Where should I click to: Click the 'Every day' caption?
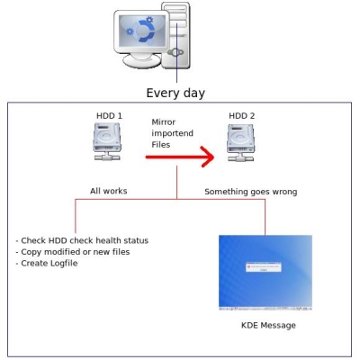tap(175, 93)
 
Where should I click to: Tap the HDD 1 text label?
tap(109, 116)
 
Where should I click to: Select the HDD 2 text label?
tap(242, 116)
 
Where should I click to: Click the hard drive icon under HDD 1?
tap(107, 141)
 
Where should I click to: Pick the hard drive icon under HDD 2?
tap(240, 143)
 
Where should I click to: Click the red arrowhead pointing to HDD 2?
tap(208, 157)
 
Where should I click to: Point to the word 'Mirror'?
tap(164, 122)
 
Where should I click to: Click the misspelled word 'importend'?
tap(172, 133)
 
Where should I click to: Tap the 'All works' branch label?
tap(109, 191)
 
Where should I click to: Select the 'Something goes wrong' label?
tap(251, 192)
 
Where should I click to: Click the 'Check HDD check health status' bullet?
tap(82, 240)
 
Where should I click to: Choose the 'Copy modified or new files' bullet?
tap(73, 252)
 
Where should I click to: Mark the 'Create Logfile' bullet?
tap(47, 264)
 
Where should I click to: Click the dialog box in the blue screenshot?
tap(264, 267)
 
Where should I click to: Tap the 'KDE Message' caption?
tap(268, 326)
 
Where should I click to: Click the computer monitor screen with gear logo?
tap(142, 31)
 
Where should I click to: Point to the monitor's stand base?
tap(142, 61)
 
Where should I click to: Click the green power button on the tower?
tap(175, 53)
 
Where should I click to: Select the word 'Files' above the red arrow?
tap(161, 145)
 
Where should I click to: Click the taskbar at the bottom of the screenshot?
tap(265, 308)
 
